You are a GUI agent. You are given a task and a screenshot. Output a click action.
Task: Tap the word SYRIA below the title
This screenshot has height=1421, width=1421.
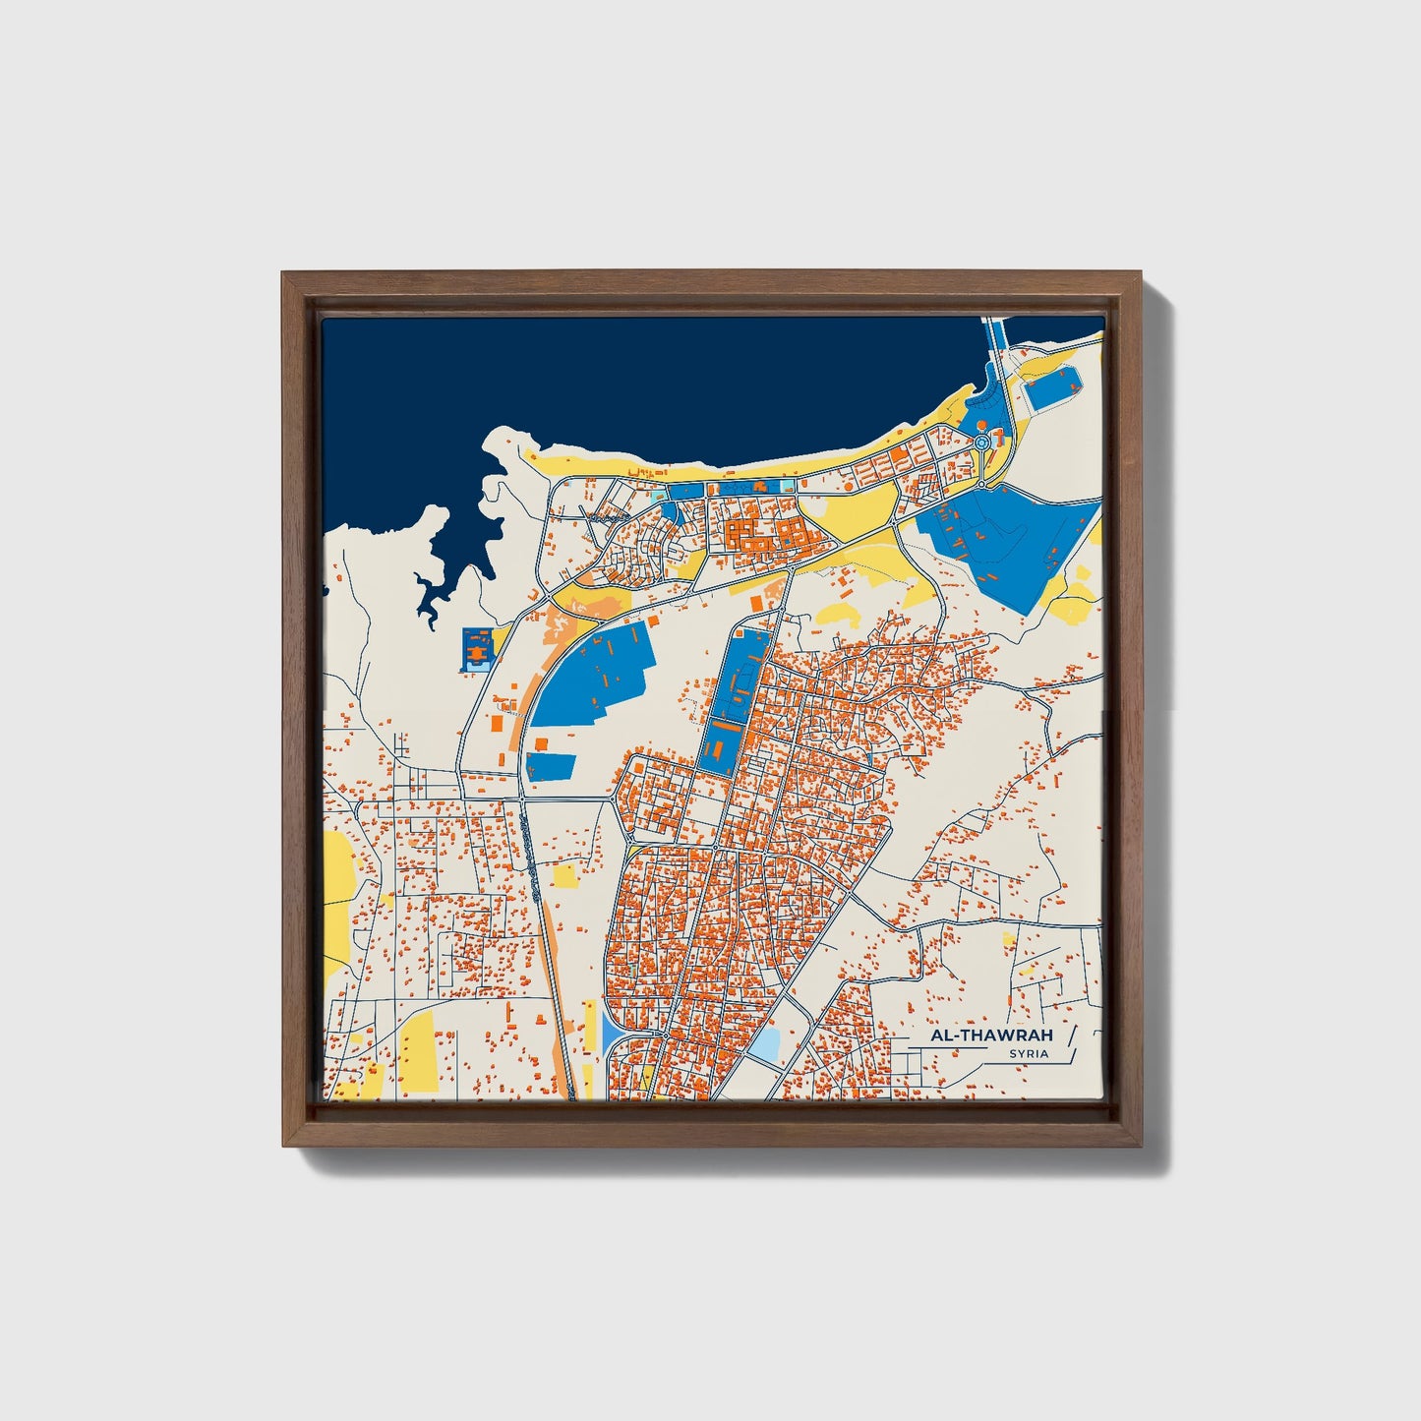click(1028, 1054)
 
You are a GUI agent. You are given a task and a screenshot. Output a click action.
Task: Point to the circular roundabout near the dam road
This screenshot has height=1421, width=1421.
click(982, 444)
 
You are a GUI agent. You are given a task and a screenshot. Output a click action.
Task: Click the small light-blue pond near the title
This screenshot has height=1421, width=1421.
click(765, 1043)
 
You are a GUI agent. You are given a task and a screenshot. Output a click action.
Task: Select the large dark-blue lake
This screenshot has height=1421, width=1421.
click(639, 384)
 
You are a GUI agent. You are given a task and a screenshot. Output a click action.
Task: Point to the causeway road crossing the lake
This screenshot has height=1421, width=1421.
click(993, 344)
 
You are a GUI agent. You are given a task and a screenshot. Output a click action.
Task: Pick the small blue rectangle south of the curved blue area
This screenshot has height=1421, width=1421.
click(551, 766)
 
